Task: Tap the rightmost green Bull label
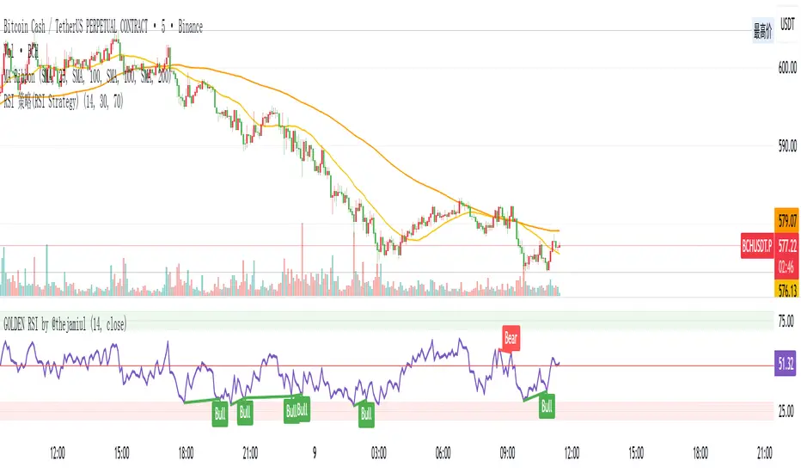pyautogui.click(x=546, y=405)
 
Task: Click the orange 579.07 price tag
pyautogui.click(x=787, y=217)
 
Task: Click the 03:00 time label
pyautogui.click(x=378, y=451)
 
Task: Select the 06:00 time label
pyautogui.click(x=443, y=451)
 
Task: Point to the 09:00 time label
pyautogui.click(x=507, y=451)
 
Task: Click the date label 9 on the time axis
pyautogui.click(x=315, y=451)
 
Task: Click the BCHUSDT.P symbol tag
pyautogui.click(x=756, y=245)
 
